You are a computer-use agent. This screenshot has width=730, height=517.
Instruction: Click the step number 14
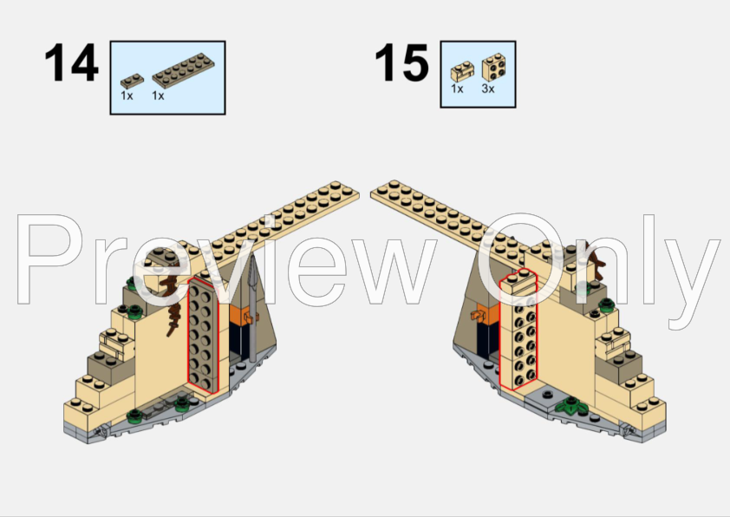71,62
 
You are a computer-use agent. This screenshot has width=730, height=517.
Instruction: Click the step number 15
401,62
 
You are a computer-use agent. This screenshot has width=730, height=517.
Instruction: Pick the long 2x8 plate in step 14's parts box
183,70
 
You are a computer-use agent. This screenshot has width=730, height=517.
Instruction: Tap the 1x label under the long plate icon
158,96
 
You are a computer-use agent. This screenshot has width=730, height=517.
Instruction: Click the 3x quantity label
488,88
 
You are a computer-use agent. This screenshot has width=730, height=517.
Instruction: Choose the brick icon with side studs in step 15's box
494,67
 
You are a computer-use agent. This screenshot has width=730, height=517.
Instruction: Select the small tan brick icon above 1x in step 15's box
462,72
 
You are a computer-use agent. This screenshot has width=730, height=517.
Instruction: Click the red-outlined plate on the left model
203,335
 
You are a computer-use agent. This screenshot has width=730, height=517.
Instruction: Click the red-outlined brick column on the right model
518,330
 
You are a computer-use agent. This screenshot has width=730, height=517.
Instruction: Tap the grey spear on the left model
253,307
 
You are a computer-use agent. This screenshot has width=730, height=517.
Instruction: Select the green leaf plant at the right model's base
570,406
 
